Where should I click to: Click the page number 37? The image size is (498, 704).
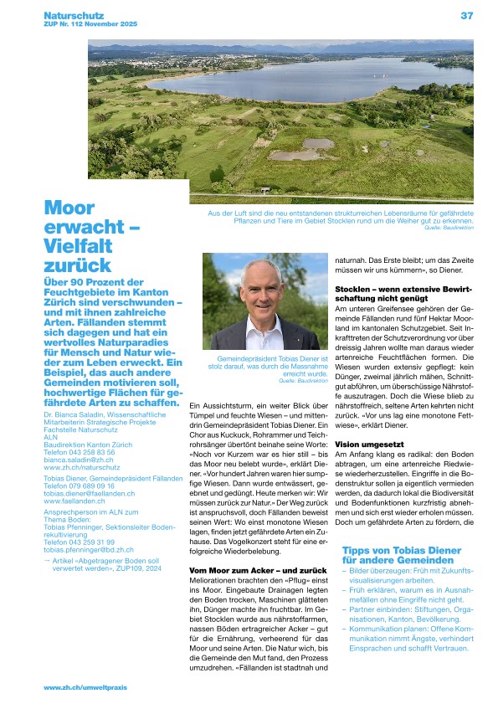tap(467, 14)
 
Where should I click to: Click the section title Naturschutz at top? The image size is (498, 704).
tap(70, 14)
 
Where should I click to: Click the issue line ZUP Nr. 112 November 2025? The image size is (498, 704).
tap(87, 23)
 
